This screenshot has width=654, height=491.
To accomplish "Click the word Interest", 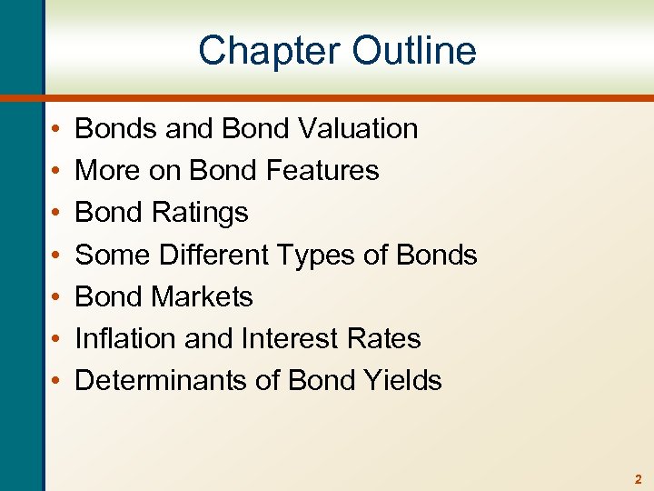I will [x=292, y=338].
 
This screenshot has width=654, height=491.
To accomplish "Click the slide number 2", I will [x=639, y=479].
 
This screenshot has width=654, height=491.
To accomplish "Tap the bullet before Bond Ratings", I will [x=56, y=214].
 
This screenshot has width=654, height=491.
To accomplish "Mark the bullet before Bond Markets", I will [x=56, y=297].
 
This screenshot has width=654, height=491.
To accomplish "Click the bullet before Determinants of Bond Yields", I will [x=56, y=381].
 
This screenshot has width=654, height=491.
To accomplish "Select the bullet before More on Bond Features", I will [x=56, y=172].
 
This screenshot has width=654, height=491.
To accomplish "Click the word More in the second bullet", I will [x=102, y=171].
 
